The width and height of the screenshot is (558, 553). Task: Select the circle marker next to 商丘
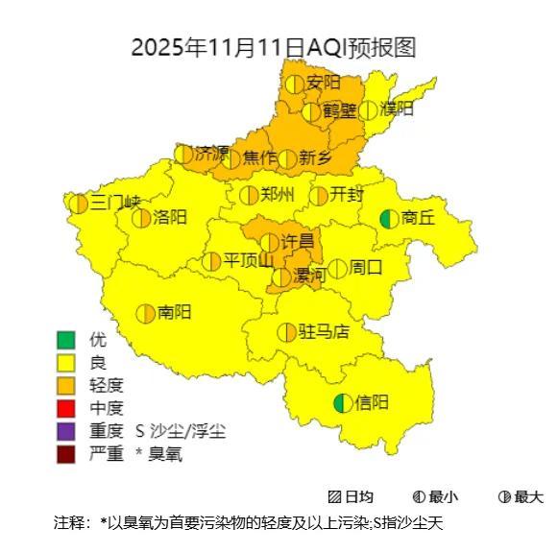click(389, 219)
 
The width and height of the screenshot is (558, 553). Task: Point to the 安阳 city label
click(324, 84)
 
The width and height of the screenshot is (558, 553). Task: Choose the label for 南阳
click(174, 312)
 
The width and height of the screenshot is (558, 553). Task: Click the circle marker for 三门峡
click(79, 204)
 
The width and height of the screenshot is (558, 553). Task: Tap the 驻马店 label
click(324, 332)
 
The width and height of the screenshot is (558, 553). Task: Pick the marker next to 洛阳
click(141, 218)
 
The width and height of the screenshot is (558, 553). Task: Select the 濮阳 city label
click(397, 108)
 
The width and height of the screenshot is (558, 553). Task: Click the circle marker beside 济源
click(183, 154)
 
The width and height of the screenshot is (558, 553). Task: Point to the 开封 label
click(347, 195)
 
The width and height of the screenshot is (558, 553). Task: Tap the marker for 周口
click(337, 268)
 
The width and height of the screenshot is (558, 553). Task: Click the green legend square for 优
click(65, 340)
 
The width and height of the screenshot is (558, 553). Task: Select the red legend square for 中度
click(65, 408)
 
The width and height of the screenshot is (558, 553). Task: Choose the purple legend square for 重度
click(65, 431)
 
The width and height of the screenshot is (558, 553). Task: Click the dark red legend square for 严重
click(65, 454)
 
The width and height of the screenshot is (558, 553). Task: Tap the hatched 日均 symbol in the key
click(334, 497)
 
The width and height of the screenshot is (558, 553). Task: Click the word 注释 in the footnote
click(71, 523)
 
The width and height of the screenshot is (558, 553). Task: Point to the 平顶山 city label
click(248, 261)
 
